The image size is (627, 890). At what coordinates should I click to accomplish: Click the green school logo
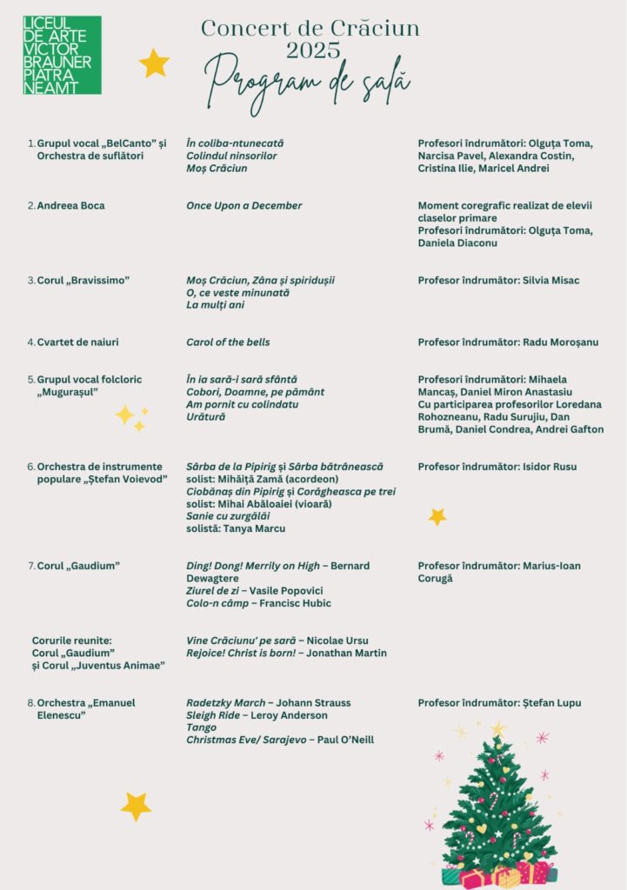(x=62, y=55)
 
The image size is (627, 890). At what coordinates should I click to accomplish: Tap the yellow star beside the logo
(x=154, y=63)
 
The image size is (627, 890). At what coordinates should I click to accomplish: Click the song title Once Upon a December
(x=244, y=206)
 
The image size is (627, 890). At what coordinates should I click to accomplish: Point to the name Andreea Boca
(x=70, y=206)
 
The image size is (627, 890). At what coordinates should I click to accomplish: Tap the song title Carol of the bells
(x=228, y=342)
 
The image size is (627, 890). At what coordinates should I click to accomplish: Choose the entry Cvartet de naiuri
(x=77, y=342)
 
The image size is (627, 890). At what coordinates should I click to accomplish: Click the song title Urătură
(x=206, y=417)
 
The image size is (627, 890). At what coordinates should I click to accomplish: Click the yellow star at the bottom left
(x=136, y=807)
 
